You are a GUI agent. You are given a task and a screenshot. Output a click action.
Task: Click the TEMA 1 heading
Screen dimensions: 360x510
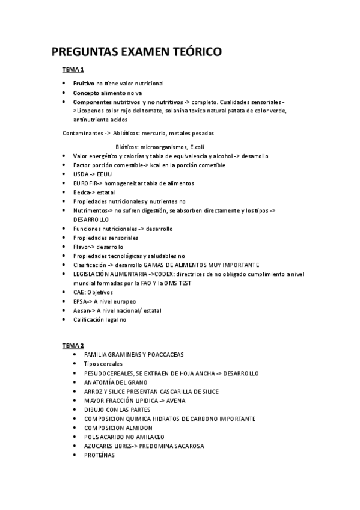tap(73, 70)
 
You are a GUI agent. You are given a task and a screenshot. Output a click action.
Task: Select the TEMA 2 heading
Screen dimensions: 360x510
tap(73, 346)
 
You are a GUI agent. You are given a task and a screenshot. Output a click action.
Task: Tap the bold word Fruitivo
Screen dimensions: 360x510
tap(84, 84)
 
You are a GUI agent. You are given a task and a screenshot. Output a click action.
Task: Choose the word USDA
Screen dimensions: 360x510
tap(81, 174)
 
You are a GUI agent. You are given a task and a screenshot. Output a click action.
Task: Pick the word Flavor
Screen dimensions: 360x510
tap(82, 247)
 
